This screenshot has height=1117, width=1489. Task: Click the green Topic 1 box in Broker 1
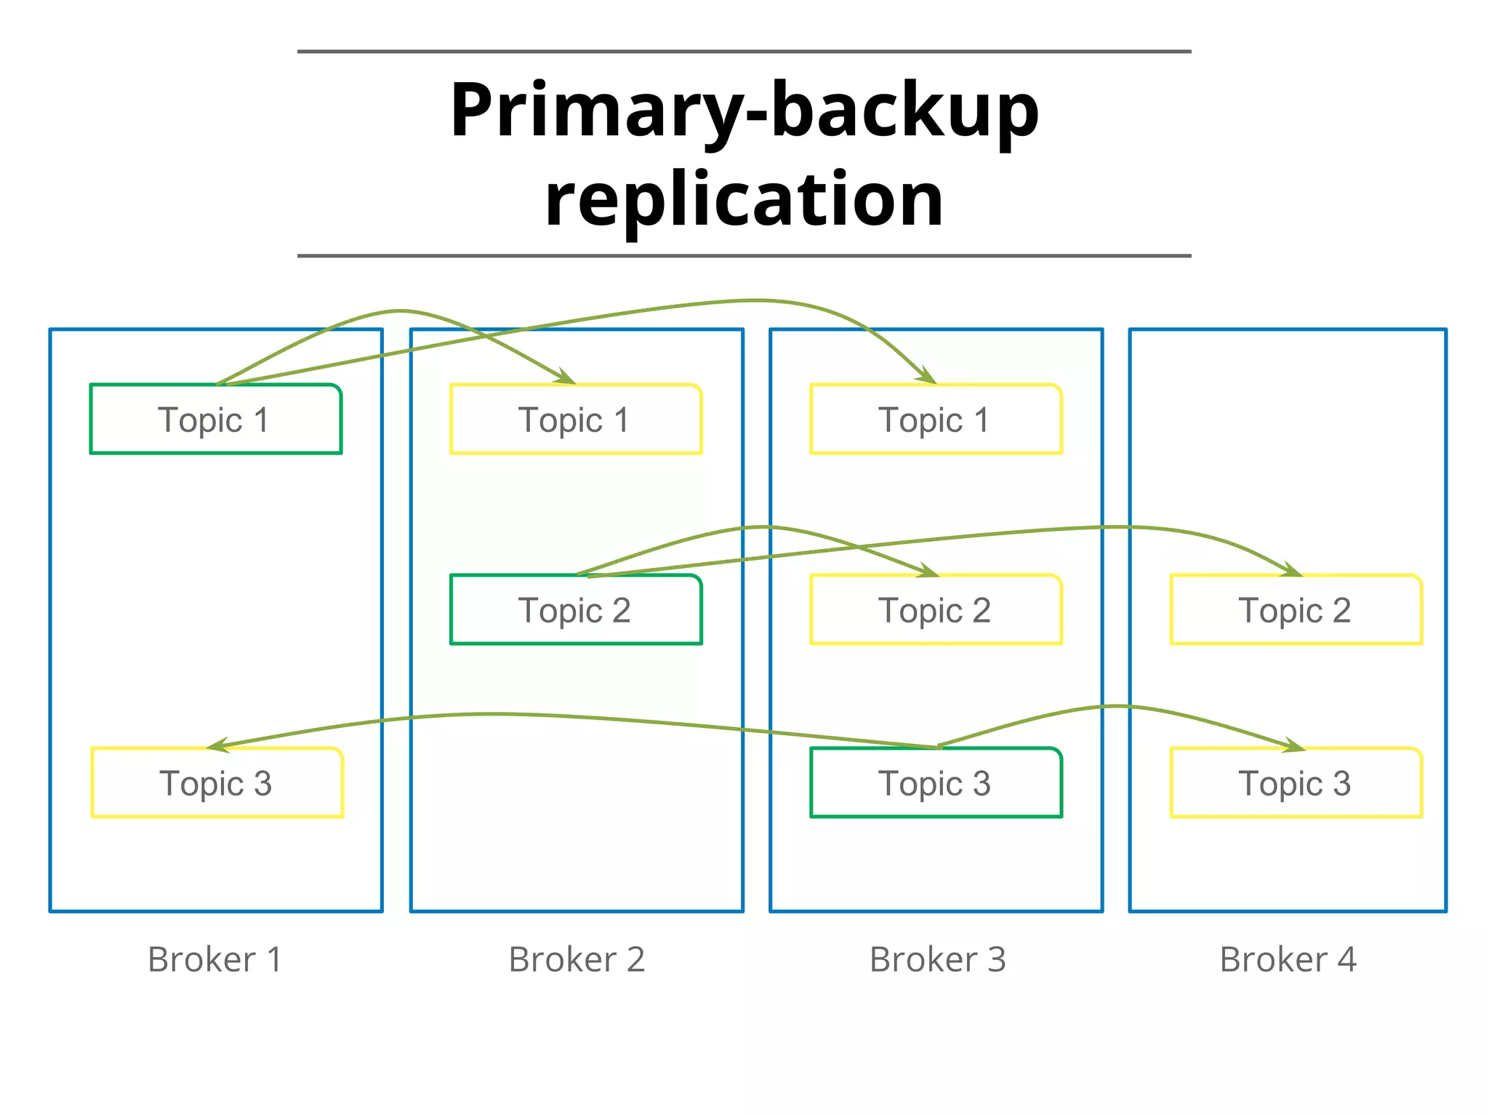coord(215,420)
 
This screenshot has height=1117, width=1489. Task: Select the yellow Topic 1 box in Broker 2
coord(575,420)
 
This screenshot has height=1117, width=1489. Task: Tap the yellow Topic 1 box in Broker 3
coord(936,420)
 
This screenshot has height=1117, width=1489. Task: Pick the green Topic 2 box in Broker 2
coord(575,610)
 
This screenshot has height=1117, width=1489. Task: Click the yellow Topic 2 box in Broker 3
coord(936,610)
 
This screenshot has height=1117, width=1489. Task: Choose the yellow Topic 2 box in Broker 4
coord(1296,610)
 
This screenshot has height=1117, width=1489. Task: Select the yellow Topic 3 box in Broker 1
coord(217,783)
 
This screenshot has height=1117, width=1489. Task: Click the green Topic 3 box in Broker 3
coord(936,783)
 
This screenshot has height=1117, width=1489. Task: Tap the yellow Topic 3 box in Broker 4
coord(1296,783)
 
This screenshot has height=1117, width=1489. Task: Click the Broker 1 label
coord(215,959)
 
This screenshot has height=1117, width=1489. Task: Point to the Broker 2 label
coord(577,959)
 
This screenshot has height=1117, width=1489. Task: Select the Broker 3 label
coord(938,959)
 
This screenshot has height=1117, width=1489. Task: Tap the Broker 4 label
coord(1288,959)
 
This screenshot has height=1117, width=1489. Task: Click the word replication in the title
coord(744,198)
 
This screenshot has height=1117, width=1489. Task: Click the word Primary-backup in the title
coord(744,111)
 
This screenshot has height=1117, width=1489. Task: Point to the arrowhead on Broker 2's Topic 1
coord(566,377)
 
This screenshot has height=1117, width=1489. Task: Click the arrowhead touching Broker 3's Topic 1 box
coord(926,377)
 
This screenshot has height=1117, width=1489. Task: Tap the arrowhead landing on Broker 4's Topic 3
coord(1294,745)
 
